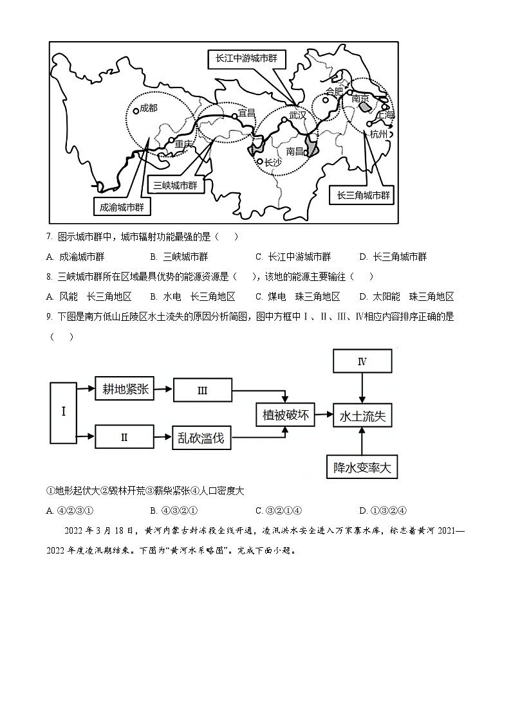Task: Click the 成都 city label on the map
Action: pyautogui.click(x=148, y=108)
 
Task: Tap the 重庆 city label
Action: pyautogui.click(x=184, y=145)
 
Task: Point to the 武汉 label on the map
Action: pyautogui.click(x=298, y=115)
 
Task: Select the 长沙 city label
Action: pyautogui.click(x=274, y=163)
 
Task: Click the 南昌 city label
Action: pyautogui.click(x=295, y=151)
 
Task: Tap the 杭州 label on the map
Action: pyautogui.click(x=379, y=134)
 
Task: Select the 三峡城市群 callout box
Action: pyautogui.click(x=174, y=185)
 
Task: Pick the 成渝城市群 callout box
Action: pyautogui.click(x=122, y=207)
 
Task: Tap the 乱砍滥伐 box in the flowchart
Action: pyautogui.click(x=201, y=438)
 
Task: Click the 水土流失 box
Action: pyautogui.click(x=362, y=416)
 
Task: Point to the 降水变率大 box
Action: pyautogui.click(x=362, y=467)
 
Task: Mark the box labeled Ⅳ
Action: pyautogui.click(x=362, y=362)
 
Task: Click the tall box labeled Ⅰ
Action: pyautogui.click(x=63, y=412)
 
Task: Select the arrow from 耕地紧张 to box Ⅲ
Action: pyautogui.click(x=164, y=389)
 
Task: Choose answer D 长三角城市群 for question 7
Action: pyautogui.click(x=394, y=257)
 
